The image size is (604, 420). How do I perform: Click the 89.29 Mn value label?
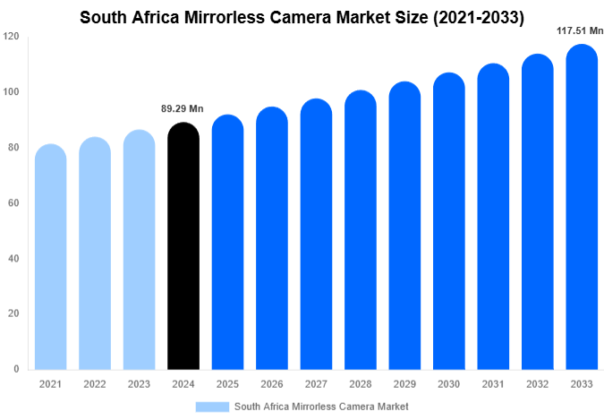(x=183, y=109)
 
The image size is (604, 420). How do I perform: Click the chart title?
(x=302, y=16)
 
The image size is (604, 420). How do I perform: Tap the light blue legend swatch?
(x=212, y=407)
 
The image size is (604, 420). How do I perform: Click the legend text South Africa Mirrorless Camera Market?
(x=321, y=407)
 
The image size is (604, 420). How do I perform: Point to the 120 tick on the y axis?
(x=11, y=37)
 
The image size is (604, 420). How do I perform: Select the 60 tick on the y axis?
(x=14, y=203)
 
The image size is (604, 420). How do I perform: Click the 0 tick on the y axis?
(x=17, y=369)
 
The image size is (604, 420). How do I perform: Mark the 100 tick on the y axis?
(x=11, y=92)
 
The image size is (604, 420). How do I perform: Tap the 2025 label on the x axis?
(x=227, y=384)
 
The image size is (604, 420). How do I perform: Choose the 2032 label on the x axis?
(x=537, y=384)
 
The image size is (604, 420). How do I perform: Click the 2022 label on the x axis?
(x=94, y=384)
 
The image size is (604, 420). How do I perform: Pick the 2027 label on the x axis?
(x=316, y=384)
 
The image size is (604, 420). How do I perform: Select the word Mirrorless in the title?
(x=252, y=16)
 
